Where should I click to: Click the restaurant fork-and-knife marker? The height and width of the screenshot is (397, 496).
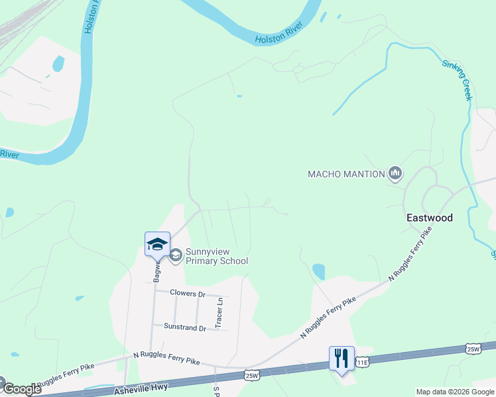tap(341, 358)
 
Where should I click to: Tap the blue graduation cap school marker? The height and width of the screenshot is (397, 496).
tap(158, 243)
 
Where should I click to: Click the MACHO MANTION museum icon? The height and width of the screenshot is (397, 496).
tap(395, 174)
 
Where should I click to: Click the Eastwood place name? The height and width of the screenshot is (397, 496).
tap(429, 218)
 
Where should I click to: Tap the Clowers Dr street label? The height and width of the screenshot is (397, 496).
tap(188, 292)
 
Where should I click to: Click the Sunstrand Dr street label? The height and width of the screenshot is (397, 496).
tap(185, 326)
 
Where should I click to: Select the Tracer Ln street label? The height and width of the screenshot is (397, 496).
tap(218, 312)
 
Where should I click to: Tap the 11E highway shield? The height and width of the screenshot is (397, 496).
tap(361, 363)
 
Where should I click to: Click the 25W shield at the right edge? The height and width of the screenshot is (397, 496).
tap(473, 349)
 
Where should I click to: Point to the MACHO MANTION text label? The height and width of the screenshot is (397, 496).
tap(346, 175)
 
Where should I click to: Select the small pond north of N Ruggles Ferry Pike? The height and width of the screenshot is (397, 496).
tap(319, 271)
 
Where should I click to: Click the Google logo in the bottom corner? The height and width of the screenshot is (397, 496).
tap(22, 389)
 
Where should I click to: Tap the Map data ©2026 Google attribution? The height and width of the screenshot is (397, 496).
tap(455, 392)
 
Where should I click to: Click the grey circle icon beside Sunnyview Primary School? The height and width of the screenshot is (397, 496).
tap(176, 255)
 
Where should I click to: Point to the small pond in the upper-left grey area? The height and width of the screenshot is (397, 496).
tap(58, 64)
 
